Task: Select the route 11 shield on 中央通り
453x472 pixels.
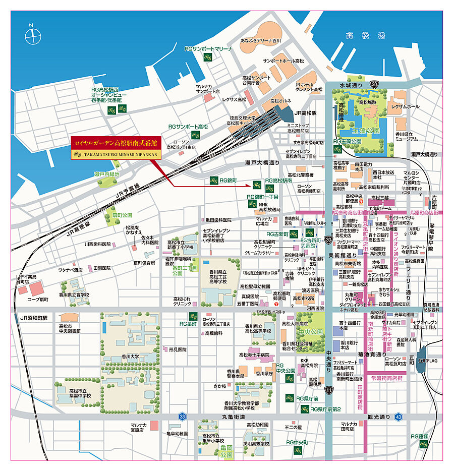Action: [x=329, y=390]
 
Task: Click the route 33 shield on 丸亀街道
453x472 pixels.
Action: [x=182, y=417]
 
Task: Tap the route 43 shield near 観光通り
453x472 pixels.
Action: [x=399, y=417]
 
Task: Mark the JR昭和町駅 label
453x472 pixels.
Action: [x=34, y=318]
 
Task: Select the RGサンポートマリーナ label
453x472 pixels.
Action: [x=208, y=49]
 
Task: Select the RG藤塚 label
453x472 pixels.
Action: [x=419, y=436]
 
